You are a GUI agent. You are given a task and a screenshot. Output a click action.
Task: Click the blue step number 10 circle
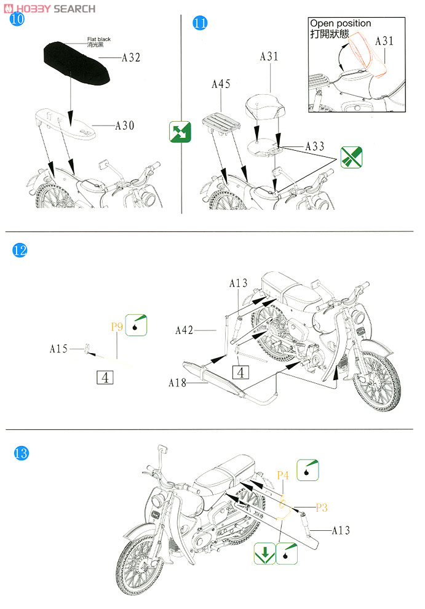17,18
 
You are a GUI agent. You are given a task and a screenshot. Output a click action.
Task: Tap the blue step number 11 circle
200,23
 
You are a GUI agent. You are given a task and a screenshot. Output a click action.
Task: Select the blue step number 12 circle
20,250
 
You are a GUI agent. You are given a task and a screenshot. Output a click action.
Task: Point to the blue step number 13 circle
21,453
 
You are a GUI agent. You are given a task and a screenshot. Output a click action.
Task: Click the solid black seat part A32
76,63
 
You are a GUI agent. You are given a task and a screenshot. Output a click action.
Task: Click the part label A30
125,125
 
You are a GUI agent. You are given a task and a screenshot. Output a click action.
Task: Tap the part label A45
221,84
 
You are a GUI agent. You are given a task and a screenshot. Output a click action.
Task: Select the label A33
315,146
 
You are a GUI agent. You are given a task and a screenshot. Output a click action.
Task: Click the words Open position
341,23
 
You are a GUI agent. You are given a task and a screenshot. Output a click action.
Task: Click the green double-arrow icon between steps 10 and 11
180,132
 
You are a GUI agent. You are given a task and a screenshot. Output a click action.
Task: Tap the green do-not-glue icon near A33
351,157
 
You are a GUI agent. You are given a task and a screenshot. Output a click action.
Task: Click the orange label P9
117,327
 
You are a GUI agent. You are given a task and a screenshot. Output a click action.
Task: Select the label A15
58,349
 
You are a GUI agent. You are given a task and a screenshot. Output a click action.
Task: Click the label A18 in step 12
178,383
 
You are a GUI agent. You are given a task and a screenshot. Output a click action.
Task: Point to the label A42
184,330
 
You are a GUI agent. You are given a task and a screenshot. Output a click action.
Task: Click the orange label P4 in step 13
283,476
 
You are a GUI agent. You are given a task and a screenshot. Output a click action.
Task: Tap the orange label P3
322,507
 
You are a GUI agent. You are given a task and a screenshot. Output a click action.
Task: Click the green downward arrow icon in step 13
264,554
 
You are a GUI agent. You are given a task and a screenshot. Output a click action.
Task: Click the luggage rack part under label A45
221,124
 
